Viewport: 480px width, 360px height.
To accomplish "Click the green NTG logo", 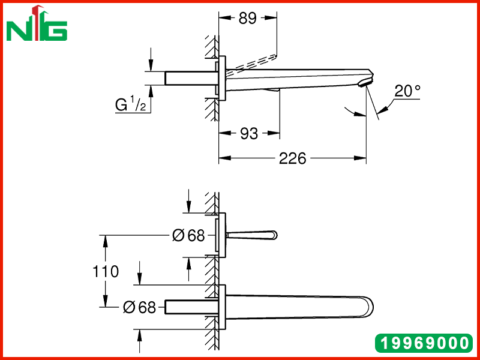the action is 37,24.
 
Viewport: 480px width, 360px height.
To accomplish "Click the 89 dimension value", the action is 247,19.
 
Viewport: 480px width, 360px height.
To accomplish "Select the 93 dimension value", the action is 249,133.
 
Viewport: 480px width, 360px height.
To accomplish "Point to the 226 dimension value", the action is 293,158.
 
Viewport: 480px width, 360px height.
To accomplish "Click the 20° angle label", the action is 407,91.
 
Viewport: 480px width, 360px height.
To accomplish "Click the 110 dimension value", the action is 106,272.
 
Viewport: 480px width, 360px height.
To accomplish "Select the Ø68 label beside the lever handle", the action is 188,235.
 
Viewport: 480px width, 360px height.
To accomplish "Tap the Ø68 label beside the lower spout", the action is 139,307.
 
